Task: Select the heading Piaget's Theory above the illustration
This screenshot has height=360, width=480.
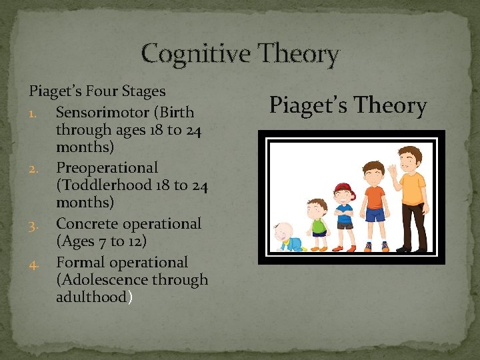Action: click(x=347, y=105)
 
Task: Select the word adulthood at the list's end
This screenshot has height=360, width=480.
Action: click(x=91, y=297)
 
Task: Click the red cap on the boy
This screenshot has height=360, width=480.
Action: click(x=343, y=189)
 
